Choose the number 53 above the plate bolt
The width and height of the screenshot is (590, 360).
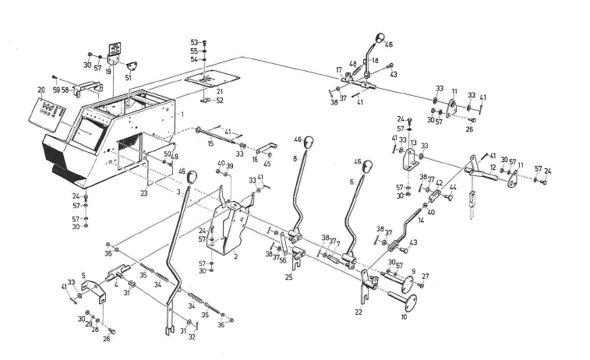pyautogui.click(x=194, y=41)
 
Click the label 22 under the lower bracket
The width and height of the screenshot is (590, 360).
pyautogui.click(x=359, y=312)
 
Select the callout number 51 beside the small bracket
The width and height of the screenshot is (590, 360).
pyautogui.click(x=128, y=77)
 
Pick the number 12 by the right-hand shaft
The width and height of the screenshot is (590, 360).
pyautogui.click(x=493, y=167)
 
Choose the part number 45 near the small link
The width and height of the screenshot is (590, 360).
pyautogui.click(x=268, y=164)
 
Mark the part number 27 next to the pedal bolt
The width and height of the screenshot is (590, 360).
pyautogui.click(x=426, y=276)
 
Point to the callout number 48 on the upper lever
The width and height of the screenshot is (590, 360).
pyautogui.click(x=352, y=64)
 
